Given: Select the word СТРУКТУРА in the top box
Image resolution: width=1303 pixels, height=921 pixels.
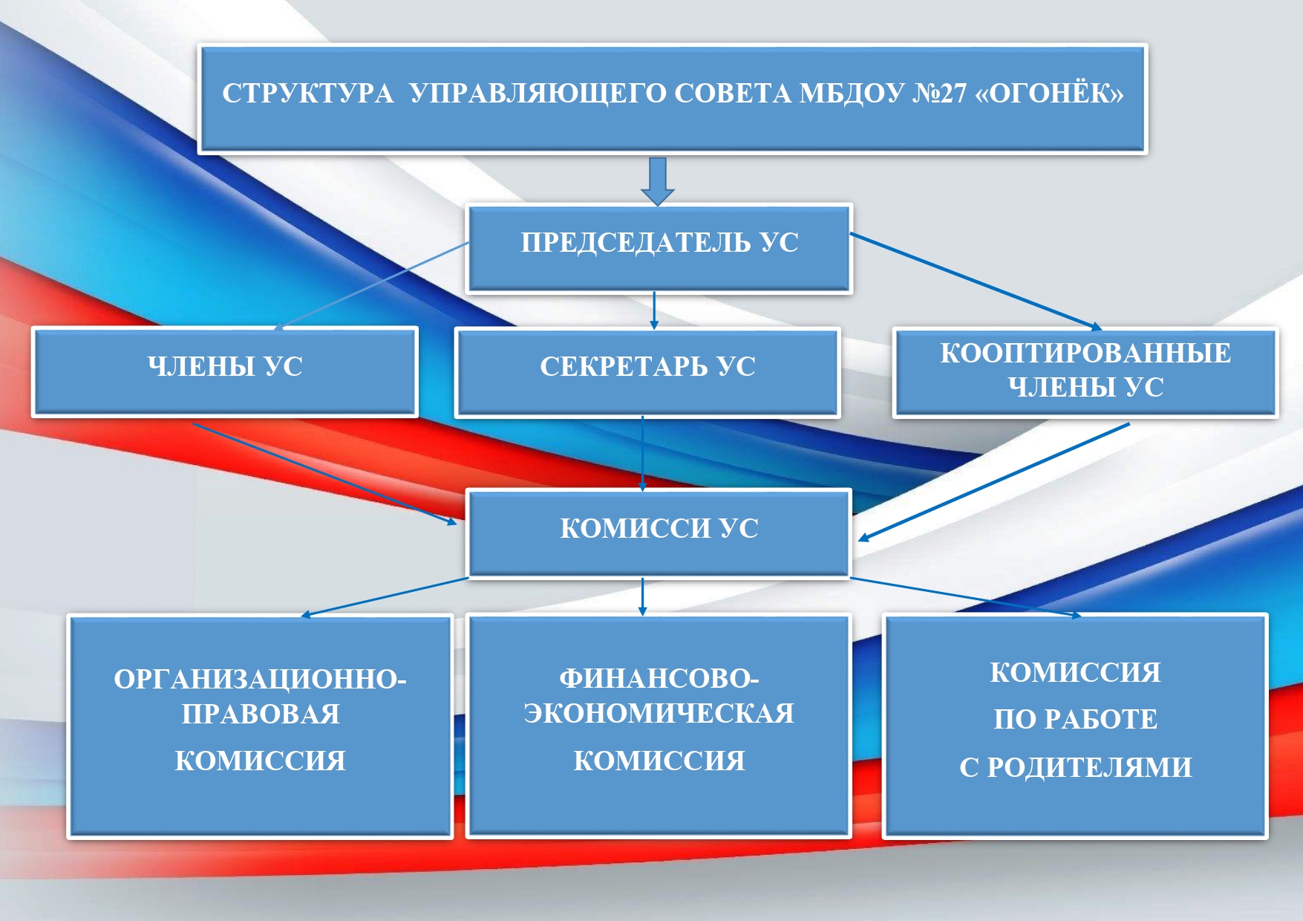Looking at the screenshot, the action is (x=307, y=94).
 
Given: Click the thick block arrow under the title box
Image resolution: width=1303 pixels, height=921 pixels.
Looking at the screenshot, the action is (x=658, y=180).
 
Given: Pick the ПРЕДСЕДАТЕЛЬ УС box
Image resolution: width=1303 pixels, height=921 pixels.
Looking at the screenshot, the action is (x=659, y=249).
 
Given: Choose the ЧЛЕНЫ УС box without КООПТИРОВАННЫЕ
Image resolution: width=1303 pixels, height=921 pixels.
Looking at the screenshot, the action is (x=225, y=371).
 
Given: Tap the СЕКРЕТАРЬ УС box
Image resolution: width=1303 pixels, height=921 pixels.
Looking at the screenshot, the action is (x=647, y=372).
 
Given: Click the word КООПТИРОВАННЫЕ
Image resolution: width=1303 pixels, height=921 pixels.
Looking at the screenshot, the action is (x=1085, y=353).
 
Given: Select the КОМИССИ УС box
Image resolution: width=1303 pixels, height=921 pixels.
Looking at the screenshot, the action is (x=659, y=533).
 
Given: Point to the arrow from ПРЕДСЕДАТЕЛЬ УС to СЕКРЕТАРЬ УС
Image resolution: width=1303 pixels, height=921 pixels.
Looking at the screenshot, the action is (x=654, y=310).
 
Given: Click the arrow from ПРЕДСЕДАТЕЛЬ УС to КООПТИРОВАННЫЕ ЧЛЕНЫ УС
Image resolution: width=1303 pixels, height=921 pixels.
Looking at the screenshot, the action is (x=976, y=281).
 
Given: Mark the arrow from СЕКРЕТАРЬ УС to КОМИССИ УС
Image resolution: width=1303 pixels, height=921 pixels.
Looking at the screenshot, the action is (x=643, y=453).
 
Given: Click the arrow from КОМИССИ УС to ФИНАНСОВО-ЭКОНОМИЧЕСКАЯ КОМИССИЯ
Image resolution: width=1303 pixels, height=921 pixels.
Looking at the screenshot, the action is (x=643, y=596).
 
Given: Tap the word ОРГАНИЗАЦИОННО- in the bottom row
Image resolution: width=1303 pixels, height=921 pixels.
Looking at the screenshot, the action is (x=260, y=680).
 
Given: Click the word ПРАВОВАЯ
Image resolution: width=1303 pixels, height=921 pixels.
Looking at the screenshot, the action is (x=261, y=715).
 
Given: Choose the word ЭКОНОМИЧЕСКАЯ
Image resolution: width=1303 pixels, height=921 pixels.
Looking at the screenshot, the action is (x=659, y=713).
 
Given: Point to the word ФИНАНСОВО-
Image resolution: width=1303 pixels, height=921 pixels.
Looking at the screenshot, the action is (x=659, y=678).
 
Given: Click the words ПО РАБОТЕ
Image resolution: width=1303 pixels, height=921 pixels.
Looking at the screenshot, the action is (x=1076, y=719).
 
